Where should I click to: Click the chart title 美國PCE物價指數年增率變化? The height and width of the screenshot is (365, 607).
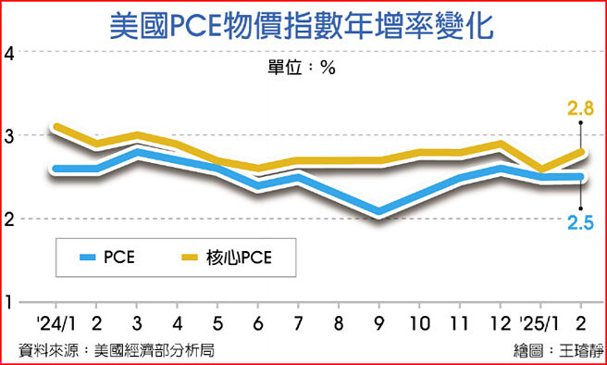303,25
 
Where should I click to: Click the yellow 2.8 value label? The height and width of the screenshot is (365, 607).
579,109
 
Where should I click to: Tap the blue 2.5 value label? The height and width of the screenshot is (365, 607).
579,222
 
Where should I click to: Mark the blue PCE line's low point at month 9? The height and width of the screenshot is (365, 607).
379,212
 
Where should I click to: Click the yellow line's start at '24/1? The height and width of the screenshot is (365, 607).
57,127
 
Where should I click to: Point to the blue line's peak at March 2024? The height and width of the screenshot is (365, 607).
137,152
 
